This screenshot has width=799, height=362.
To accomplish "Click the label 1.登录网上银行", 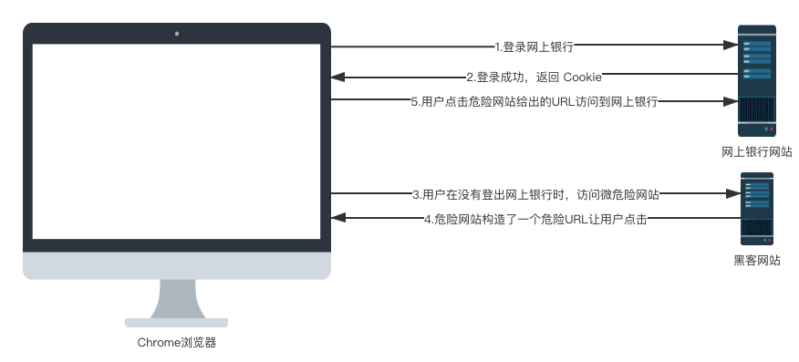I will [534, 46].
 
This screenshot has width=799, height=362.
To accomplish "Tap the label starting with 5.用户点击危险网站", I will [534, 102].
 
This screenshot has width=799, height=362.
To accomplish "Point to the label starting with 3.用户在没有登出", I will [535, 194].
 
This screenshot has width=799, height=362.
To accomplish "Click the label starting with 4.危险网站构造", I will [535, 220].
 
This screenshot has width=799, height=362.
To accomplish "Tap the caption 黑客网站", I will [756, 260].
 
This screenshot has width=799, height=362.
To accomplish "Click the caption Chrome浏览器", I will [177, 343].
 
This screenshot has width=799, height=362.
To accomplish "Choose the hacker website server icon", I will [756, 210].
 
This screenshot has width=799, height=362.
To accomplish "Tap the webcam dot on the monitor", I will [177, 35].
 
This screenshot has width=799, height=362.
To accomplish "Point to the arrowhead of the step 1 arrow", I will [731, 46].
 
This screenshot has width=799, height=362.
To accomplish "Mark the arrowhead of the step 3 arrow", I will [731, 194].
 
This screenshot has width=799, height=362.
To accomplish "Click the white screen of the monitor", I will [177, 141].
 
